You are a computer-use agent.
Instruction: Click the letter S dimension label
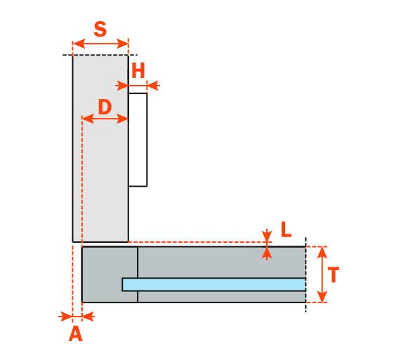(100, 29)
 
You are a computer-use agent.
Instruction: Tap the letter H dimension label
(138, 70)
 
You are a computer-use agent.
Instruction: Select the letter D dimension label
(105, 107)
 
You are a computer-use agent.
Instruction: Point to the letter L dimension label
(286, 229)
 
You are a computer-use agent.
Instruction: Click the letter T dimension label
(333, 274)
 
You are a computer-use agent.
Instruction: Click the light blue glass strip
(214, 284)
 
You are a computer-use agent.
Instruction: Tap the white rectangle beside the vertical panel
(138, 140)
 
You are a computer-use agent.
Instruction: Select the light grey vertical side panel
(100, 149)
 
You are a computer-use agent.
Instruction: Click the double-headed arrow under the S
(100, 44)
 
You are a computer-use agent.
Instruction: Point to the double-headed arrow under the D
(105, 119)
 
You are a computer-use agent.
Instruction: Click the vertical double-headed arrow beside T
(322, 274)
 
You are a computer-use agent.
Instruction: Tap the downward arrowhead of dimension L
(267, 236)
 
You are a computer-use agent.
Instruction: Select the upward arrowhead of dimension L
(267, 253)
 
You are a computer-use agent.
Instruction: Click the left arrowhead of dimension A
(66, 316)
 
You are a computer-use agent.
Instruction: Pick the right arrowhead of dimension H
(153, 86)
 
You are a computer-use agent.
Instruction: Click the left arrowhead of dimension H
(121, 86)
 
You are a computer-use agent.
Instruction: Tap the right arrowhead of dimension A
(88, 316)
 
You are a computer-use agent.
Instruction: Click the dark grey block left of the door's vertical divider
(110, 274)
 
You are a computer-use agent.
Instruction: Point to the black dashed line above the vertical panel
(100, 55)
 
